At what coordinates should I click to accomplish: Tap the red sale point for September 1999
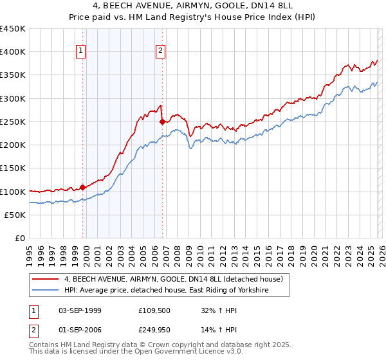[x=82, y=188]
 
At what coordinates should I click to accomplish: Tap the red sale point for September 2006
[x=162, y=122]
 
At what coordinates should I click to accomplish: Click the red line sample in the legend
[x=46, y=279]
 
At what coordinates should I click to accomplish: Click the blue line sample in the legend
[x=46, y=291]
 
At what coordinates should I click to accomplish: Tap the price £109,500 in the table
[x=152, y=310]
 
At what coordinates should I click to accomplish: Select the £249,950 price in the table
[x=152, y=331]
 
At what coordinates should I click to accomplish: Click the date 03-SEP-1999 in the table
[x=80, y=310]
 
